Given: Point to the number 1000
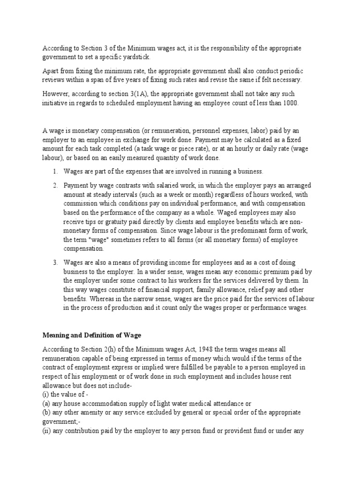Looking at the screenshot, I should pos(290,103).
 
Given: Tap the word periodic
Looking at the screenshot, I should pos(289,71).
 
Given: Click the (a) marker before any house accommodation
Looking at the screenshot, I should pos(47,403).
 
